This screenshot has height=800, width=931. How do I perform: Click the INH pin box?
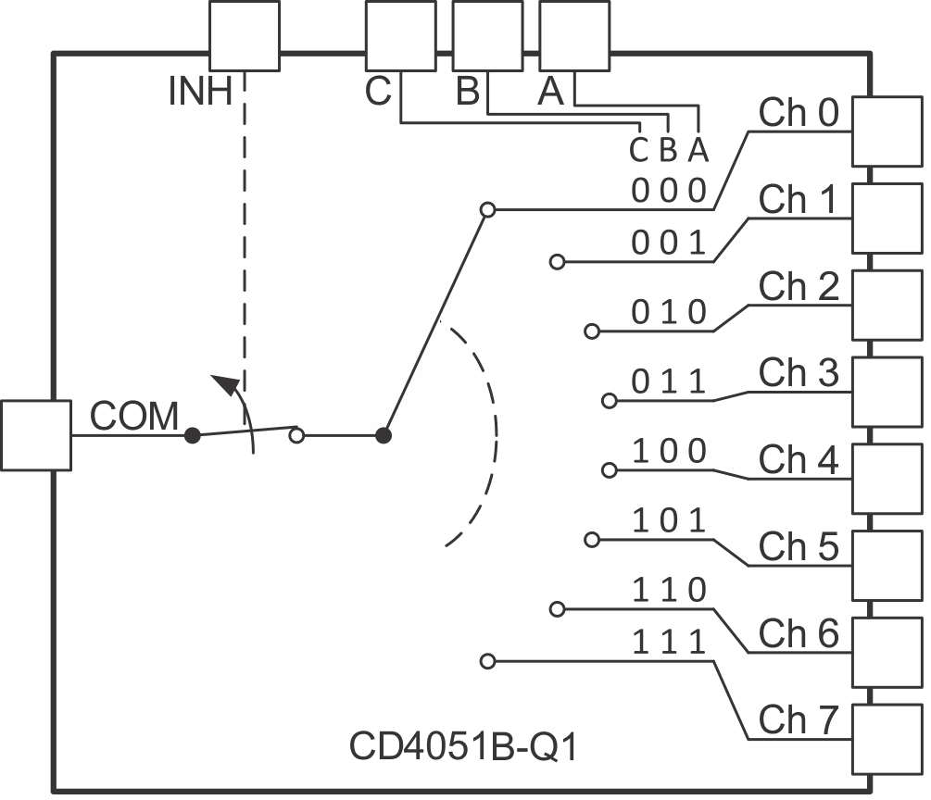point(244,35)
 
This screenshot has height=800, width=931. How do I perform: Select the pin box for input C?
point(400,35)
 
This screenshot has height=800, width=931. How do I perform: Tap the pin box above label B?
point(487,35)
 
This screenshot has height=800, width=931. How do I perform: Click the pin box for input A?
point(574,35)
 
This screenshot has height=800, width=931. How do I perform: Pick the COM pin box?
point(36,435)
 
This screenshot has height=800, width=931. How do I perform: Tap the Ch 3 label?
point(799,373)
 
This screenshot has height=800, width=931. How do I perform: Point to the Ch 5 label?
point(799,546)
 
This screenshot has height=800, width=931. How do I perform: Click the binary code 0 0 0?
point(669,192)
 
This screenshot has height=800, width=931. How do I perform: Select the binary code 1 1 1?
point(669,642)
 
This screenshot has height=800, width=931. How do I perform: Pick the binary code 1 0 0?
point(669,452)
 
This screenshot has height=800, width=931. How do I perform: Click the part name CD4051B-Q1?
point(463,747)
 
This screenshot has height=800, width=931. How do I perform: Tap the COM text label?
point(134,418)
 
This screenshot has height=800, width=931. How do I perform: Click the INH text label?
point(200,92)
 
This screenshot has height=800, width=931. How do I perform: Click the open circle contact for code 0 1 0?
point(592,331)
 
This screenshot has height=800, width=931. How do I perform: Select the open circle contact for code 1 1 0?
point(557,608)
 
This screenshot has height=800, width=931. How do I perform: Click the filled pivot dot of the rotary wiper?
point(383,435)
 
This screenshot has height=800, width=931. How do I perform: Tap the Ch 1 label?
point(799,200)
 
